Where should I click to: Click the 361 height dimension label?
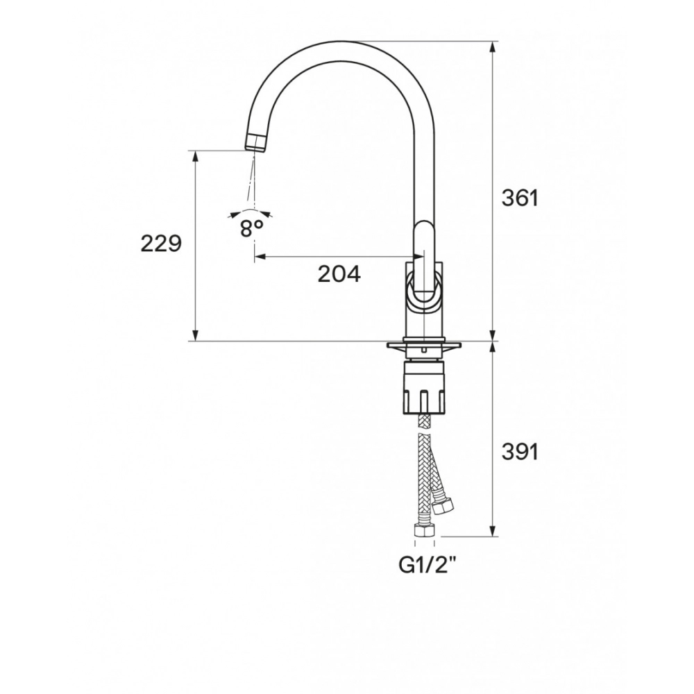[x=520, y=198]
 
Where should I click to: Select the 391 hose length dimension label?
[x=520, y=452]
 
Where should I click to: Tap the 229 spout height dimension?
[x=161, y=243]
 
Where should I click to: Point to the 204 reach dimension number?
[x=339, y=274]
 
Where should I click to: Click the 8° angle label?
[x=251, y=228]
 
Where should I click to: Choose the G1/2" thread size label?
[x=428, y=565]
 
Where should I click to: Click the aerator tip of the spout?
[x=256, y=143]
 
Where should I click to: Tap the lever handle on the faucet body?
[x=424, y=264]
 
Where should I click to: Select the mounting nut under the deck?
[x=424, y=388]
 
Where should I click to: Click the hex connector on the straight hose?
[x=424, y=530]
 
